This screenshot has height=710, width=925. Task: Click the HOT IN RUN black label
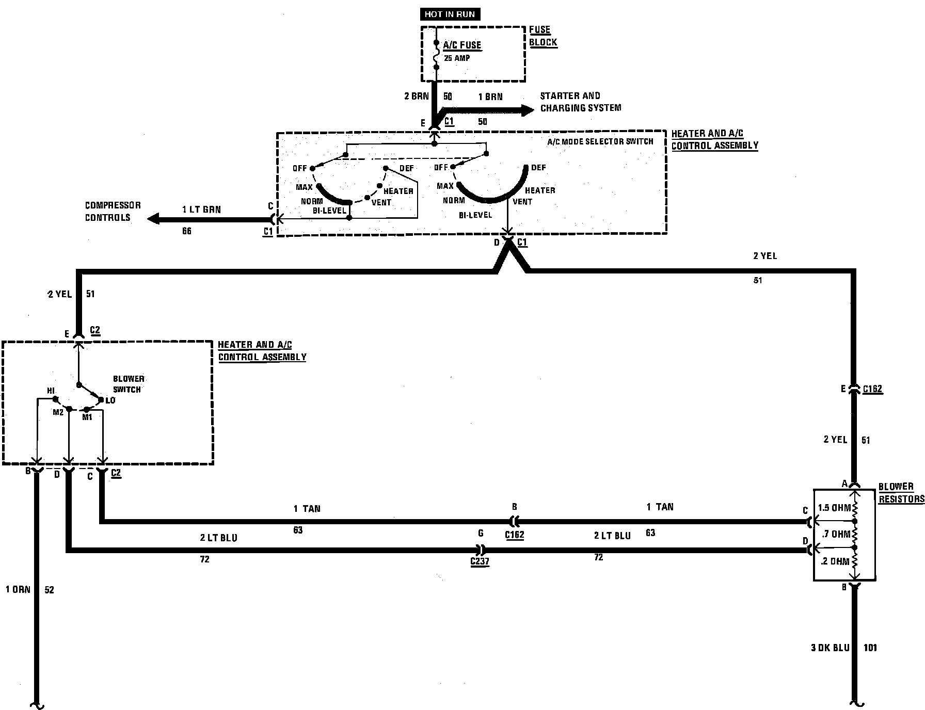[x=450, y=14]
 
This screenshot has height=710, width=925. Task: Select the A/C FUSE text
[x=462, y=45]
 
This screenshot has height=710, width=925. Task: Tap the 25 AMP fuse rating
[x=457, y=58]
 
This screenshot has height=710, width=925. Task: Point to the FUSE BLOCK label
[x=543, y=36]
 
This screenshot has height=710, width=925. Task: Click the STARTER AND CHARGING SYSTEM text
[x=580, y=102]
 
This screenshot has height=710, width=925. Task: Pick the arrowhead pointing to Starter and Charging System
[x=527, y=110]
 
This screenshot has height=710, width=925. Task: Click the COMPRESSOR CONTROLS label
[x=113, y=211]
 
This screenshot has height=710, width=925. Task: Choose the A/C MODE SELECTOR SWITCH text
[x=600, y=141]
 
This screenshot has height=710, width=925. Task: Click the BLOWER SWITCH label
[x=128, y=384]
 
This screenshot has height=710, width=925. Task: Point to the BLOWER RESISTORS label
[x=901, y=493]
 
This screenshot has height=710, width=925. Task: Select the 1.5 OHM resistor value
[x=834, y=508]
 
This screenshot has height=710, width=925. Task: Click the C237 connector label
[x=480, y=562]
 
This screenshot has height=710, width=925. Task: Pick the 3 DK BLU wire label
[x=830, y=648]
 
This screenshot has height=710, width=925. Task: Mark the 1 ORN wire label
[x=18, y=589]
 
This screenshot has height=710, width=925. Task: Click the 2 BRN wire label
[x=416, y=96]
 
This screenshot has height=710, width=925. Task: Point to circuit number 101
[x=870, y=648]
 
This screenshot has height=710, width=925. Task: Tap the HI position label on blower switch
[x=51, y=391]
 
